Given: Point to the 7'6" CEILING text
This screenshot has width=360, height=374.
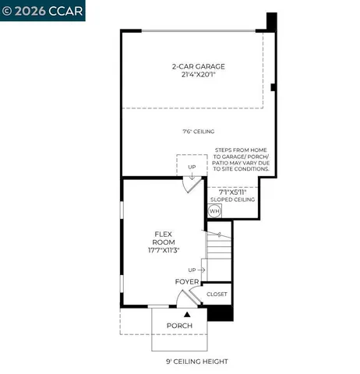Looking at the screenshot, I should tap(199, 132).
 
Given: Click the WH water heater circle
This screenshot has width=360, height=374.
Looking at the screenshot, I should tap(215, 210).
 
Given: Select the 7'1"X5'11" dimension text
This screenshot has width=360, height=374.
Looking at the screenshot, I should tap(231, 191).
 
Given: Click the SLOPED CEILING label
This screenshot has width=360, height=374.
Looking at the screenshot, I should tap(231, 199).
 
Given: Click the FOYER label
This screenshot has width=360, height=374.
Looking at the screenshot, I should tap(187, 281).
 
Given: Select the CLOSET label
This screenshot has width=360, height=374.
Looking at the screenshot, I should tap(217, 294).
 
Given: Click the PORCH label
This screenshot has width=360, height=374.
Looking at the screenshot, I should tap(180, 325).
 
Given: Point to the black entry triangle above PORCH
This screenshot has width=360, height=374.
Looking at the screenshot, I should tap(186, 312).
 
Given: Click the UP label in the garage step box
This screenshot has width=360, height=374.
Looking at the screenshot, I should tap(192, 166).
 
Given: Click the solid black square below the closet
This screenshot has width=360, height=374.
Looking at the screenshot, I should tap(220, 312).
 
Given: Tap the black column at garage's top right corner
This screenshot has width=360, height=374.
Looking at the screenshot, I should tap(271, 21).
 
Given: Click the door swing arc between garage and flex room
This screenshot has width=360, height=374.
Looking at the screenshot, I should tap(189, 185).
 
